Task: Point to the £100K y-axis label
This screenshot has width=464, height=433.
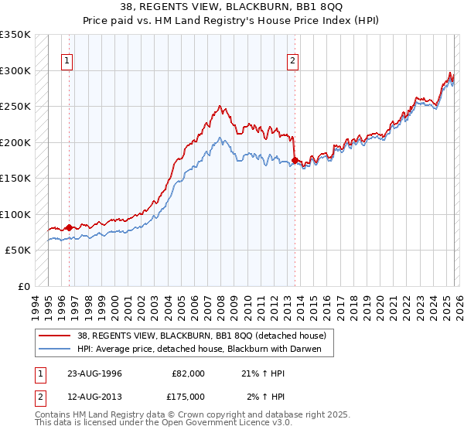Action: click(15, 214)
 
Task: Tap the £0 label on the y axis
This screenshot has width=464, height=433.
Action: click(24, 286)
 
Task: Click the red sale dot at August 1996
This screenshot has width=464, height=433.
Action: click(69, 227)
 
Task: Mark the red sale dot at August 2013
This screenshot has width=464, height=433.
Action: click(295, 161)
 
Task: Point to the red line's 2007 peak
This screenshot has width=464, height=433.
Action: click(220, 107)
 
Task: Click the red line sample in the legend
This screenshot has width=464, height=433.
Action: click(55, 336)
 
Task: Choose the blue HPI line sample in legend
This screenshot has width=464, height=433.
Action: click(55, 349)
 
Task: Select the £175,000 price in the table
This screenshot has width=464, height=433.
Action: click(188, 397)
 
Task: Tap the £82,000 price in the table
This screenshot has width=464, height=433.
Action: click(188, 373)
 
